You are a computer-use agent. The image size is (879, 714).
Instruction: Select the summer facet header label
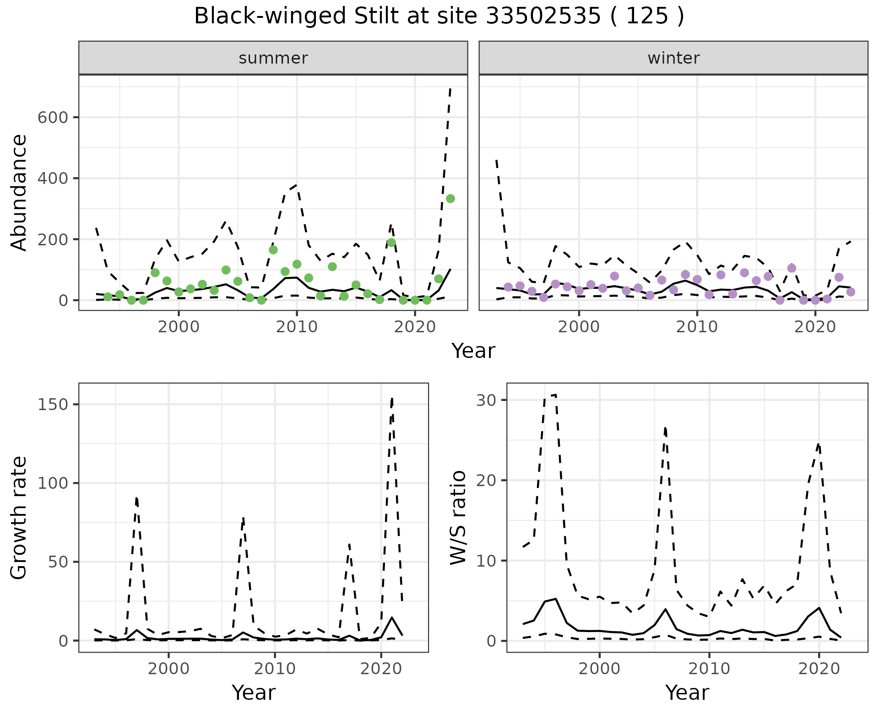pyautogui.click(x=273, y=58)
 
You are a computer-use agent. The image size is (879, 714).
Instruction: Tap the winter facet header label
pyautogui.click(x=673, y=58)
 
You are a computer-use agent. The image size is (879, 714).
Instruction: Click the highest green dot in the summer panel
pyautogui.click(x=450, y=199)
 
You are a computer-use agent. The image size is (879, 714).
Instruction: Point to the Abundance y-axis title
pyautogui.click(x=19, y=192)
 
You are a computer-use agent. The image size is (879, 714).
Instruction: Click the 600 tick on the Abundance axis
pyautogui.click(x=53, y=118)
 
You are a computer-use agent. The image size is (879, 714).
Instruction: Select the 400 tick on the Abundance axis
pyautogui.click(x=53, y=178)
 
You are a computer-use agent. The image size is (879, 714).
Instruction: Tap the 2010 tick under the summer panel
pyautogui.click(x=297, y=327)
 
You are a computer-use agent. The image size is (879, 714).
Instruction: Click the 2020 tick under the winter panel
pyautogui.click(x=815, y=327)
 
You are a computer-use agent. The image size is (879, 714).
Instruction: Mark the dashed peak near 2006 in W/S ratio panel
pyautogui.click(x=665, y=427)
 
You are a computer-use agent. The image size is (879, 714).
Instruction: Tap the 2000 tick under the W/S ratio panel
pyautogui.click(x=599, y=669)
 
